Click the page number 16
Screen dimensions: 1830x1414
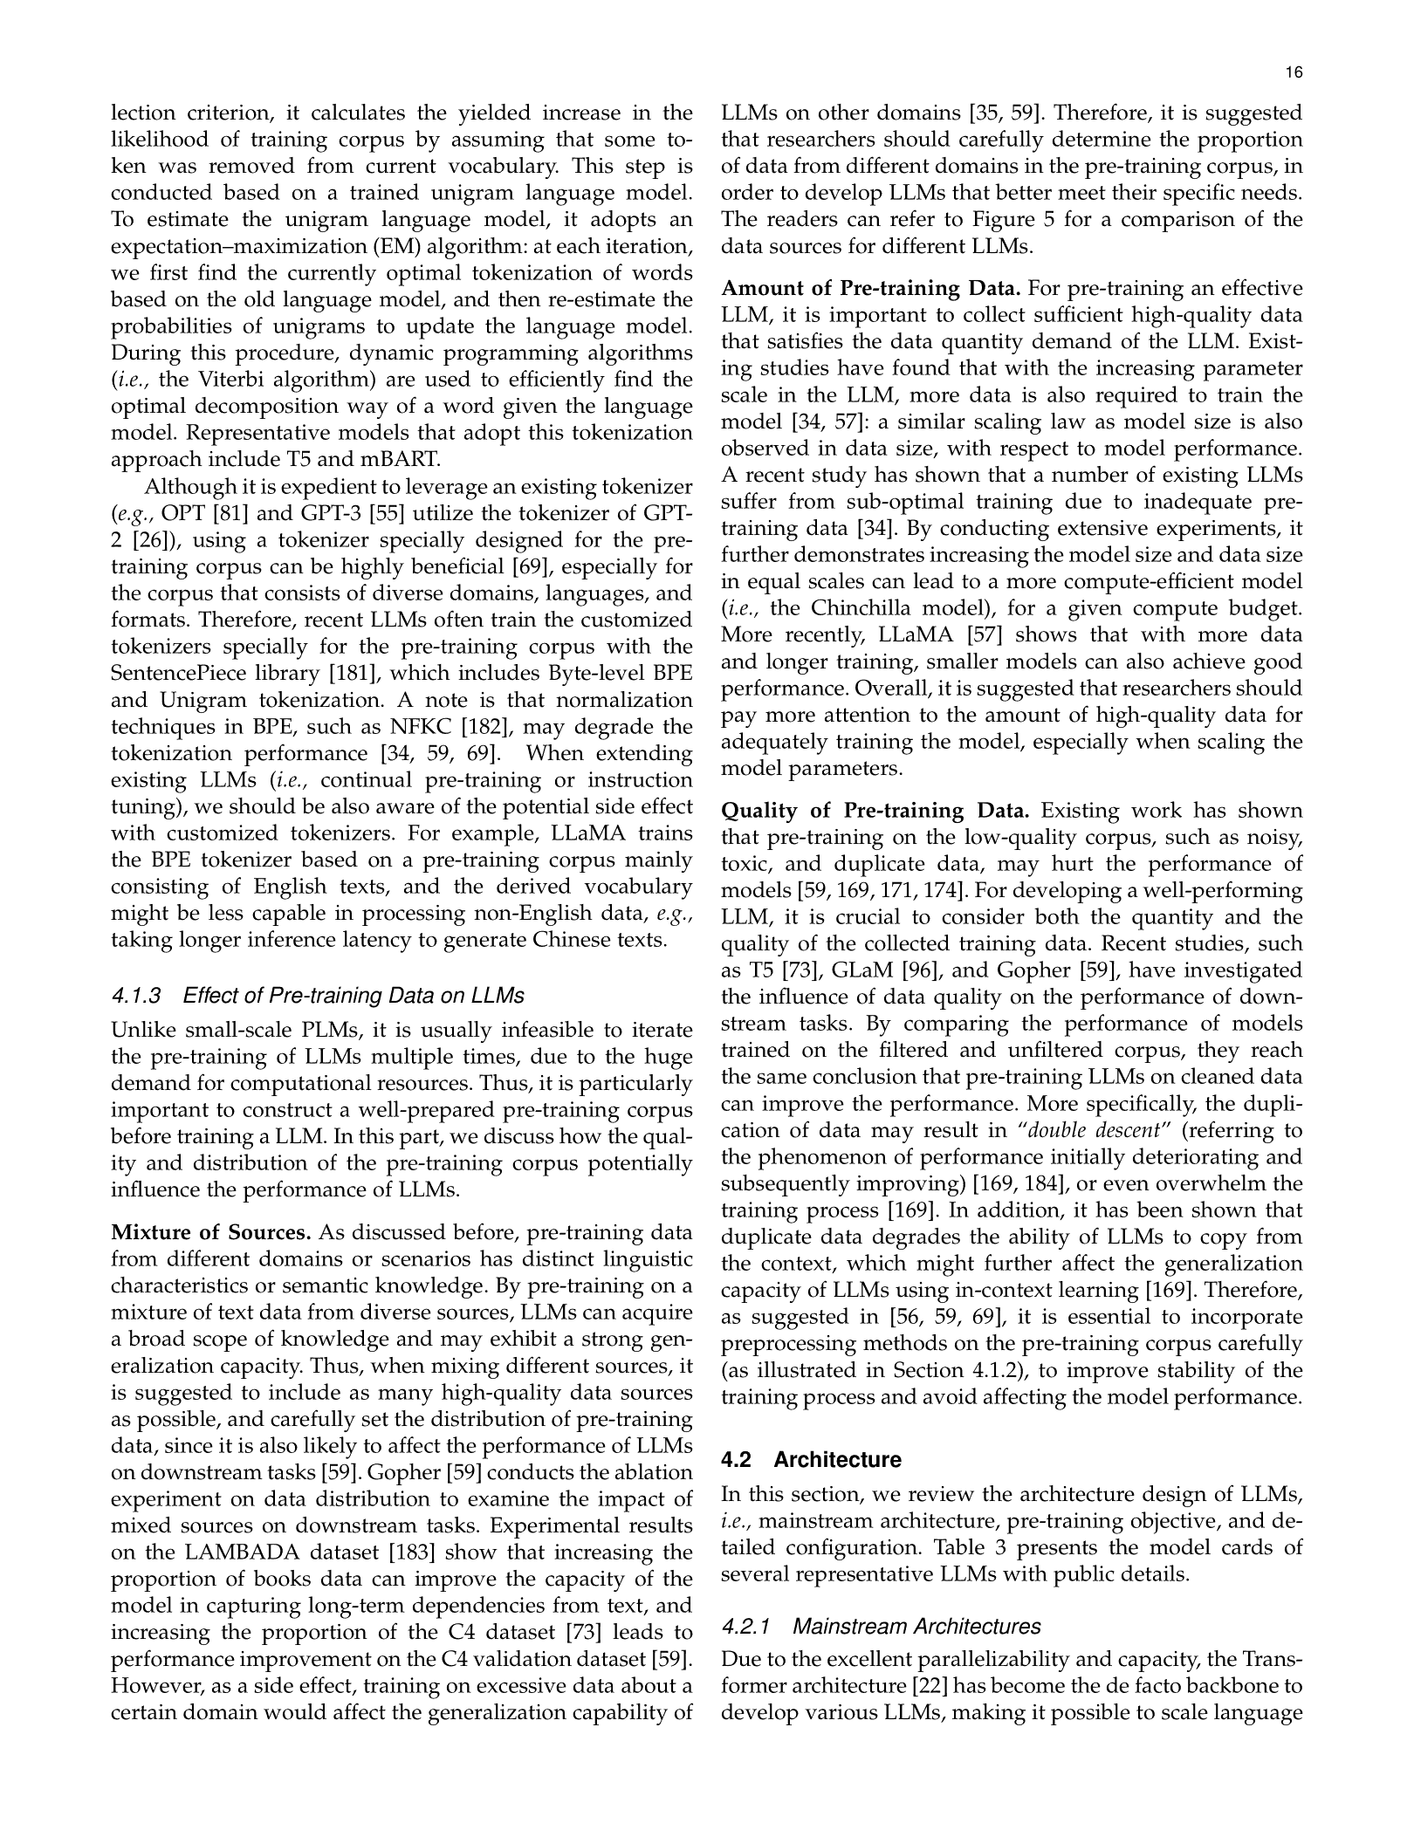1294,73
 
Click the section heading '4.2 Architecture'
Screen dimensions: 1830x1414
811,1459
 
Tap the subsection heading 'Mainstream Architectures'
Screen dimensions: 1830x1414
916,1627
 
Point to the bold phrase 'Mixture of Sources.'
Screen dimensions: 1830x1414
211,1233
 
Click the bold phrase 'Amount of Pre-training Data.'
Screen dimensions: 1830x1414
872,289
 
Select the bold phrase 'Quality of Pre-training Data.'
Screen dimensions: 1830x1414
875,811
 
